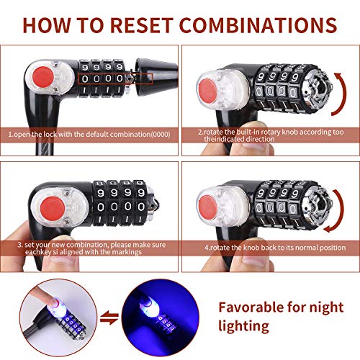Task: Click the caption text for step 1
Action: tap(87, 134)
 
